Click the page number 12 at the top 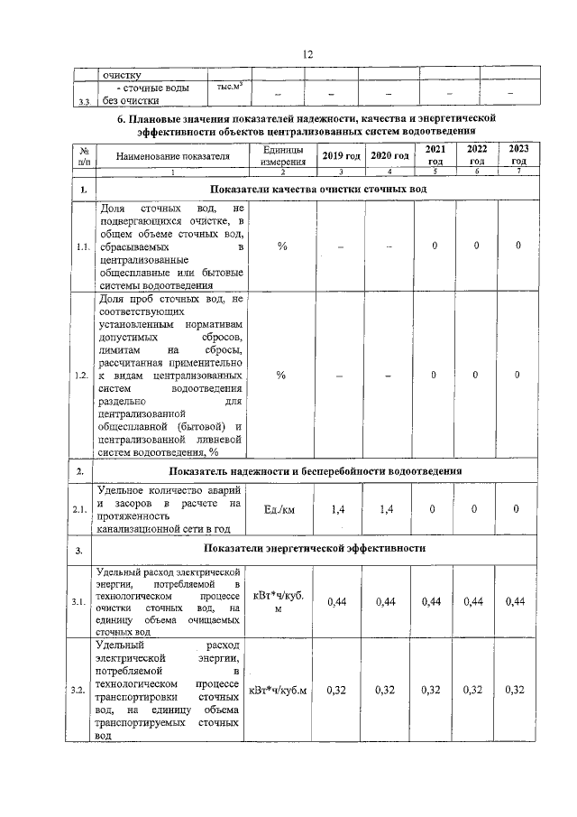(307, 54)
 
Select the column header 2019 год (342, 156)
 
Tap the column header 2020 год (389, 156)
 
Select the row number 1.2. (82, 375)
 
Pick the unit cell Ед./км (282, 510)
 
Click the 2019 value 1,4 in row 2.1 (339, 510)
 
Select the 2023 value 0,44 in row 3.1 (516, 601)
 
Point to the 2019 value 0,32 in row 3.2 (339, 691)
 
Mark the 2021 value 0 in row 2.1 (434, 510)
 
